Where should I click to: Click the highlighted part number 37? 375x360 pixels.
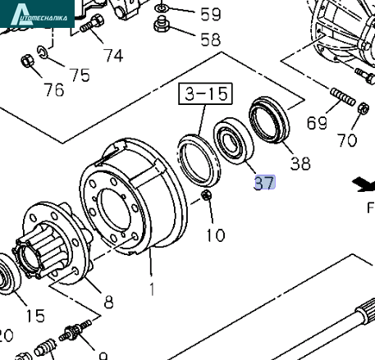coord(264,183)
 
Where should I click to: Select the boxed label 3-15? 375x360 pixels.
coord(205,93)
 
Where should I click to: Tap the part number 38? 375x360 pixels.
coord(300,163)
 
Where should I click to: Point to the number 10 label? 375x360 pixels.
coord(215,235)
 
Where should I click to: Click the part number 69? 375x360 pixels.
coord(317,123)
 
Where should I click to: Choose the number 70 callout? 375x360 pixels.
coord(347,140)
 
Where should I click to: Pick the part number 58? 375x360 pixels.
coord(210,39)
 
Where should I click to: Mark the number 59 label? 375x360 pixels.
coord(210,14)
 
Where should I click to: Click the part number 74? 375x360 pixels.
coord(113,56)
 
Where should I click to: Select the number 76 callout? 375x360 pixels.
coord(54,89)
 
